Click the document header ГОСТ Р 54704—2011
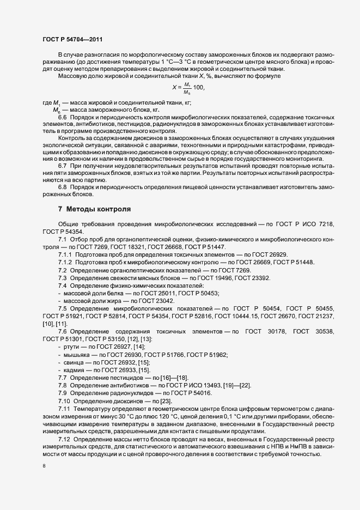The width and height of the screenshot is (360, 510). pyautogui.click(x=72, y=39)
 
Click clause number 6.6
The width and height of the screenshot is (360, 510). pyautogui.click(x=62, y=118)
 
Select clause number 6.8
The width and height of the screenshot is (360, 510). pyautogui.click(x=62, y=187)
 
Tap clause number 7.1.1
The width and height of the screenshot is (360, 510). pyautogui.click(x=65, y=254)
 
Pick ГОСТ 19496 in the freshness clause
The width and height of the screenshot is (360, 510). pyautogui.click(x=217, y=277)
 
